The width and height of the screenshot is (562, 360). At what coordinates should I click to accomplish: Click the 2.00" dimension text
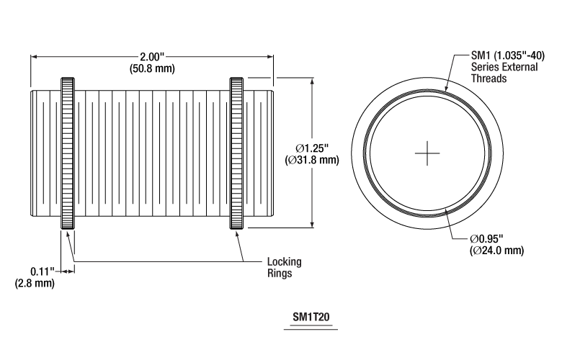[151, 57]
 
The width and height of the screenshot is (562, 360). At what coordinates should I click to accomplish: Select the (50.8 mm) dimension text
[151, 68]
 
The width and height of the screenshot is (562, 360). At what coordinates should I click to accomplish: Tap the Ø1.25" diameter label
[312, 148]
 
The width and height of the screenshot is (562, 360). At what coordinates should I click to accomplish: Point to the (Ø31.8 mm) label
[312, 160]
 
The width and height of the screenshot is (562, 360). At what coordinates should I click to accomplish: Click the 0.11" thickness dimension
[43, 271]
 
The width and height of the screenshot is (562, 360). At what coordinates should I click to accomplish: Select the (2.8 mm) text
[35, 283]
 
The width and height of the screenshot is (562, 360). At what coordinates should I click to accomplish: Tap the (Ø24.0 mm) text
[496, 250]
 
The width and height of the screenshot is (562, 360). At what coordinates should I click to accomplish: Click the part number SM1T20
[311, 316]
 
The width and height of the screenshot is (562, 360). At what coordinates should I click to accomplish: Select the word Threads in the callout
[489, 79]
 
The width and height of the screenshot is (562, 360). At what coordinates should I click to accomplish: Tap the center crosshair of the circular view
[428, 153]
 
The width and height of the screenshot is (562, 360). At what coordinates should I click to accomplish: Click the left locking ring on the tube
[68, 153]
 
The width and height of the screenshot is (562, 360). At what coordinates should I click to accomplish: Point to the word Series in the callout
[485, 68]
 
